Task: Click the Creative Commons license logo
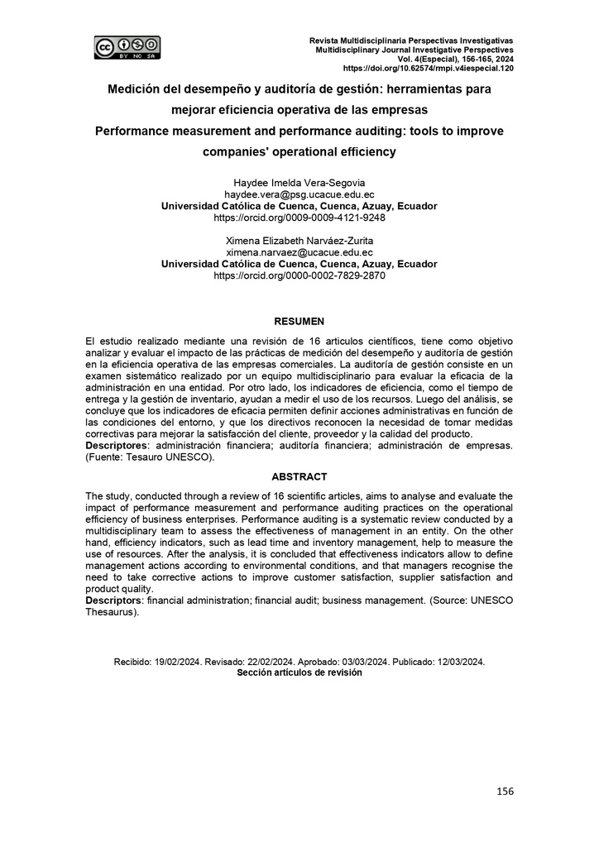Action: (x=127, y=47)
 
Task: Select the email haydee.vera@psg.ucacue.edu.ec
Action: (x=299, y=194)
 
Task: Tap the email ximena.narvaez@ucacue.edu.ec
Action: (x=299, y=252)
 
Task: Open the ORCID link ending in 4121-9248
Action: (x=299, y=218)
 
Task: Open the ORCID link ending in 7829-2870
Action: (x=299, y=275)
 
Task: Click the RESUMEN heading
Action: (x=299, y=321)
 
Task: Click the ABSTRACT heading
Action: (x=299, y=476)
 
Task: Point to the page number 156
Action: (x=505, y=792)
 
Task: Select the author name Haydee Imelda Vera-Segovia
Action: (x=299, y=183)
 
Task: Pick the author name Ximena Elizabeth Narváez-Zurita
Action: (x=299, y=241)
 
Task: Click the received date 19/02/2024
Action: (x=180, y=662)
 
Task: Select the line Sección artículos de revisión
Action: (x=299, y=673)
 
